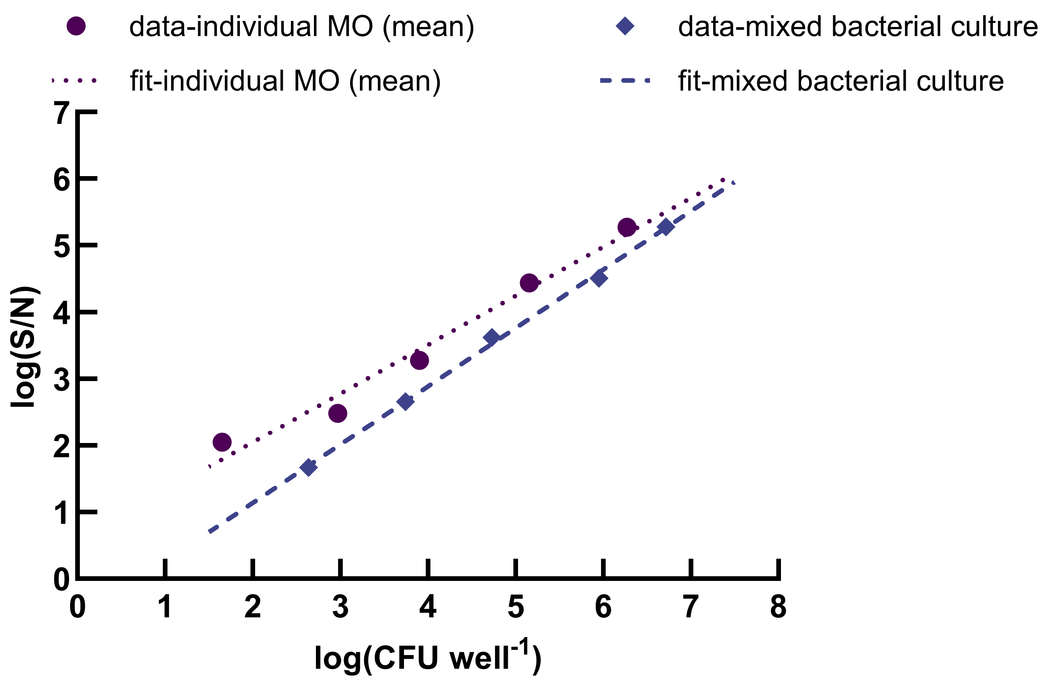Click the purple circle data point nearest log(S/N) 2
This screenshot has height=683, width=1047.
(222, 442)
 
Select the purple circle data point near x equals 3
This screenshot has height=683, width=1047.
(338, 413)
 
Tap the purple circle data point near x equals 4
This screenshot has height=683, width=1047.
(420, 360)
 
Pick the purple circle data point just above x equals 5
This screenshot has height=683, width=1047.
(529, 282)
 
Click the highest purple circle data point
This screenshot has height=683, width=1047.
(627, 227)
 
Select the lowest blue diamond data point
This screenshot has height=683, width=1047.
(308, 467)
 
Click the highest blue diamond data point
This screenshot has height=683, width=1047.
(666, 227)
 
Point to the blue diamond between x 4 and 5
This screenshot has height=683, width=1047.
(492, 337)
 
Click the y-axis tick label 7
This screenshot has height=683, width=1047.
(62, 113)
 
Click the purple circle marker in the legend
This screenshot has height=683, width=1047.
(76, 26)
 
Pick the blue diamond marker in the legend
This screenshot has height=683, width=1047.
(625, 26)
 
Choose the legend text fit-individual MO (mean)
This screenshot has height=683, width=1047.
(285, 81)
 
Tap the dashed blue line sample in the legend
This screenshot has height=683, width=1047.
(625, 81)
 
